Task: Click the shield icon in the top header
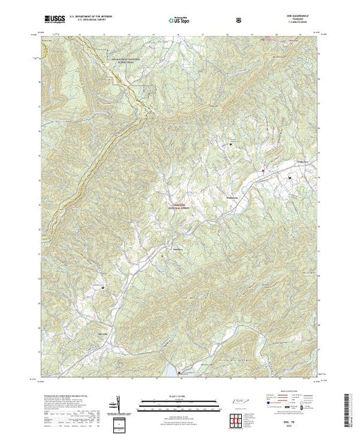(238, 19)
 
